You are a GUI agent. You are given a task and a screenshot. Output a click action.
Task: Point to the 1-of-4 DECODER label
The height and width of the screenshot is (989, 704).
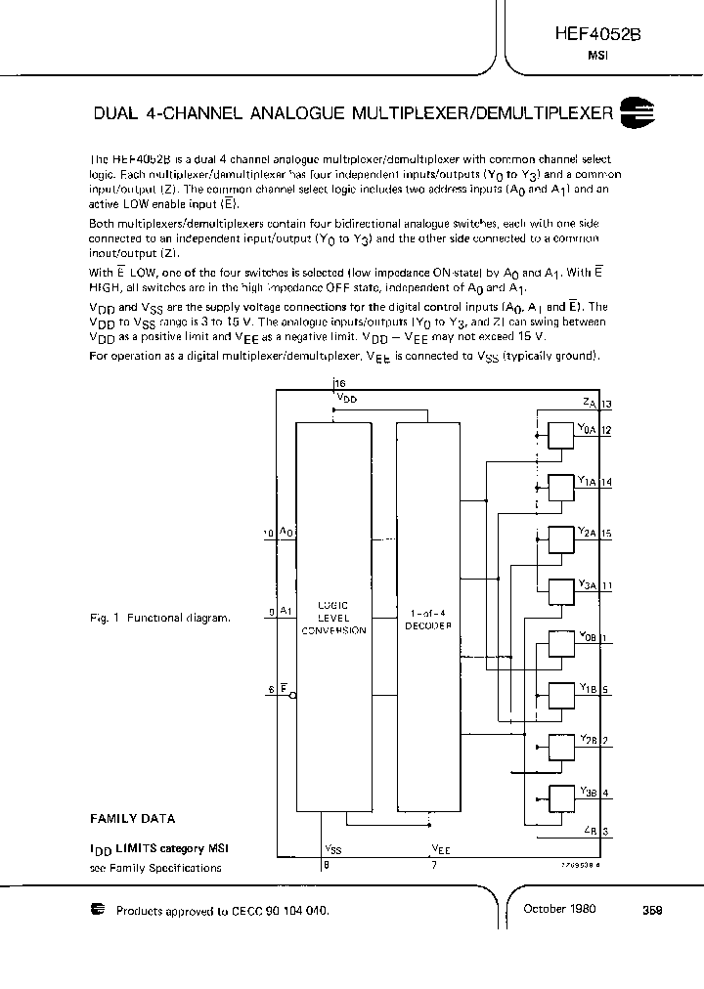pyautogui.click(x=428, y=619)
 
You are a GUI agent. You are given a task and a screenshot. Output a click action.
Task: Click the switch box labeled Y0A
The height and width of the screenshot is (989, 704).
pyautogui.click(x=559, y=434)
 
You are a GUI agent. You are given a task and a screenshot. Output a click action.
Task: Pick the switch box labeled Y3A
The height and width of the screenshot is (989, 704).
pyautogui.click(x=559, y=592)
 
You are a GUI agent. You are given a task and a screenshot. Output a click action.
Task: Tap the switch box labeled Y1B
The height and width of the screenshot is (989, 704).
pyautogui.click(x=559, y=696)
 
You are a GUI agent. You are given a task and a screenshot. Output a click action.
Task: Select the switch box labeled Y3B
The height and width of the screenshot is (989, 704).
pyautogui.click(x=559, y=799)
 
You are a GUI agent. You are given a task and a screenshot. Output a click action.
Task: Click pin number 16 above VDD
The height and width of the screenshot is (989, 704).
pyautogui.click(x=339, y=385)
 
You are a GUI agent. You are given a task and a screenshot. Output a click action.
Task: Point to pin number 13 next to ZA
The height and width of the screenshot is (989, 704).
pyautogui.click(x=607, y=404)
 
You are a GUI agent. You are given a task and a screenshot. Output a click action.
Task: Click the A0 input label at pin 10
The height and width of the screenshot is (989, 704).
pyautogui.click(x=286, y=532)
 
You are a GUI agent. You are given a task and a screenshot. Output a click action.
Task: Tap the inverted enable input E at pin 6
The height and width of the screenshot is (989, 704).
pyautogui.click(x=284, y=690)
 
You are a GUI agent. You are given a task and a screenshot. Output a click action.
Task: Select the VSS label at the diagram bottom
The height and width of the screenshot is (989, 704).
pyautogui.click(x=332, y=849)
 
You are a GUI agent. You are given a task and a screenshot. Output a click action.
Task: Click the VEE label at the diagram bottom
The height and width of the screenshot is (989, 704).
pyautogui.click(x=440, y=849)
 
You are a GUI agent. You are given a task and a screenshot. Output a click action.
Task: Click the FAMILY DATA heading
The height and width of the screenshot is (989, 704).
pyautogui.click(x=133, y=819)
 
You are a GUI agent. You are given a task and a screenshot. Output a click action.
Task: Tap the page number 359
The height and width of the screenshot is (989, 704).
pyautogui.click(x=652, y=909)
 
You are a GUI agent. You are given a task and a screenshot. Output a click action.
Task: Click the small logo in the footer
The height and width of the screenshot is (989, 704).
pyautogui.click(x=98, y=910)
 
